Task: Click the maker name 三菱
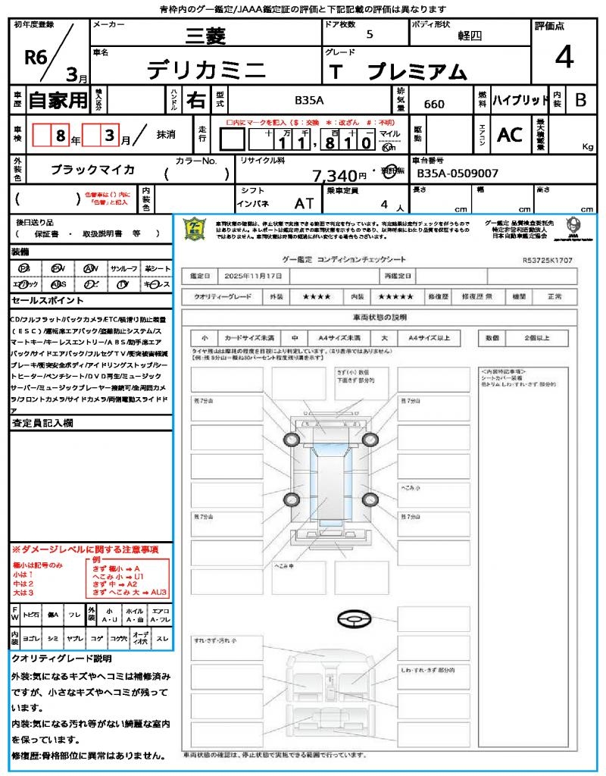[x=205, y=35]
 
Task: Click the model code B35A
[x=309, y=100]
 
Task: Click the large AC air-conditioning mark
[x=510, y=135]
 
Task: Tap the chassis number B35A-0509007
[x=458, y=174]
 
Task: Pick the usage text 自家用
[x=58, y=100]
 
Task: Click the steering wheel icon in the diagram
[x=353, y=620]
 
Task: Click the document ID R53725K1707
[x=548, y=260]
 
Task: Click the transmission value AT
[x=305, y=204]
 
